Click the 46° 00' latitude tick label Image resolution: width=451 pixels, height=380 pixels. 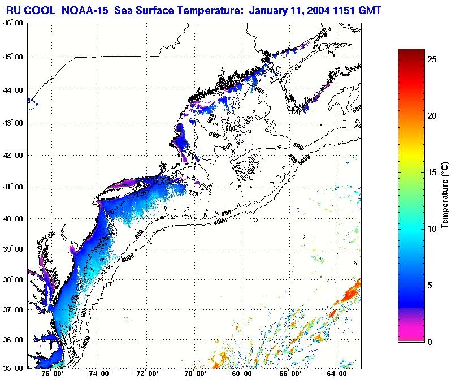(x=12, y=23)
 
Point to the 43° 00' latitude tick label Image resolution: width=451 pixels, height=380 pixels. (x=12, y=123)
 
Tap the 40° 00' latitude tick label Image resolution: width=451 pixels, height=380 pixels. (x=12, y=219)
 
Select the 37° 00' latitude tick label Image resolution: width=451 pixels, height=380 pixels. (x=12, y=310)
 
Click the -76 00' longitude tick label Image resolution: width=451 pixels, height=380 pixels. (x=51, y=374)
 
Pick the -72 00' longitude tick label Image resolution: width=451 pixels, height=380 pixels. (x=146, y=374)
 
